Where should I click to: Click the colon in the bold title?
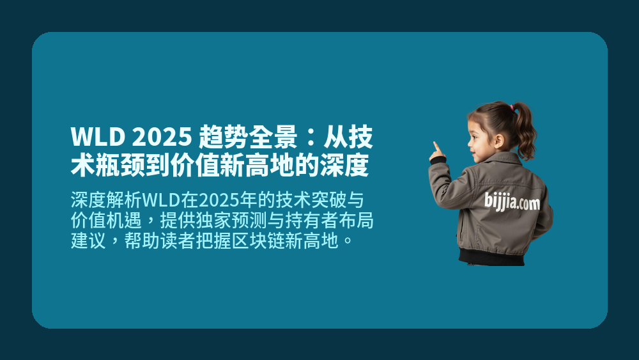point(311,138)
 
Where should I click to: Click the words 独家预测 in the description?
point(250,221)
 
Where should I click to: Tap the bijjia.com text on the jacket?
point(511,203)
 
